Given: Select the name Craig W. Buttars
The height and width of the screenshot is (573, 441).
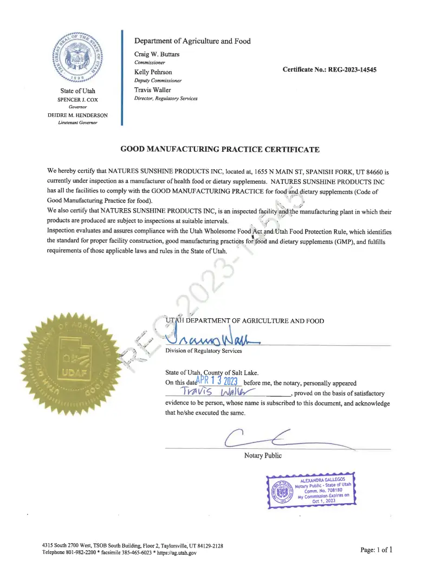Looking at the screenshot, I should click(x=156, y=54).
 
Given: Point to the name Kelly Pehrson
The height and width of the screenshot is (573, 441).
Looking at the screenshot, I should click(x=153, y=72).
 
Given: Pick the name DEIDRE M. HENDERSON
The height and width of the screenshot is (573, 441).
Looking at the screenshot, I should click(x=77, y=115).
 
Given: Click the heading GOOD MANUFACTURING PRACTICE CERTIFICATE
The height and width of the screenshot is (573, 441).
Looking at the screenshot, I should click(x=220, y=149).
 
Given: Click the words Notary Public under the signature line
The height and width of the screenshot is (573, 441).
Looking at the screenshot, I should click(x=263, y=456).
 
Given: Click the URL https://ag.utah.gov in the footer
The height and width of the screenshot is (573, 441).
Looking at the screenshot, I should click(x=177, y=552).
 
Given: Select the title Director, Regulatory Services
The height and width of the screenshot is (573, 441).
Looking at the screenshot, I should click(x=166, y=99).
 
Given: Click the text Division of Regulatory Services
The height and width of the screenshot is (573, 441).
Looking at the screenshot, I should click(x=204, y=351).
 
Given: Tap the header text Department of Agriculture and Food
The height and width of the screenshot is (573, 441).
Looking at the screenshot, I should click(x=192, y=41).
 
